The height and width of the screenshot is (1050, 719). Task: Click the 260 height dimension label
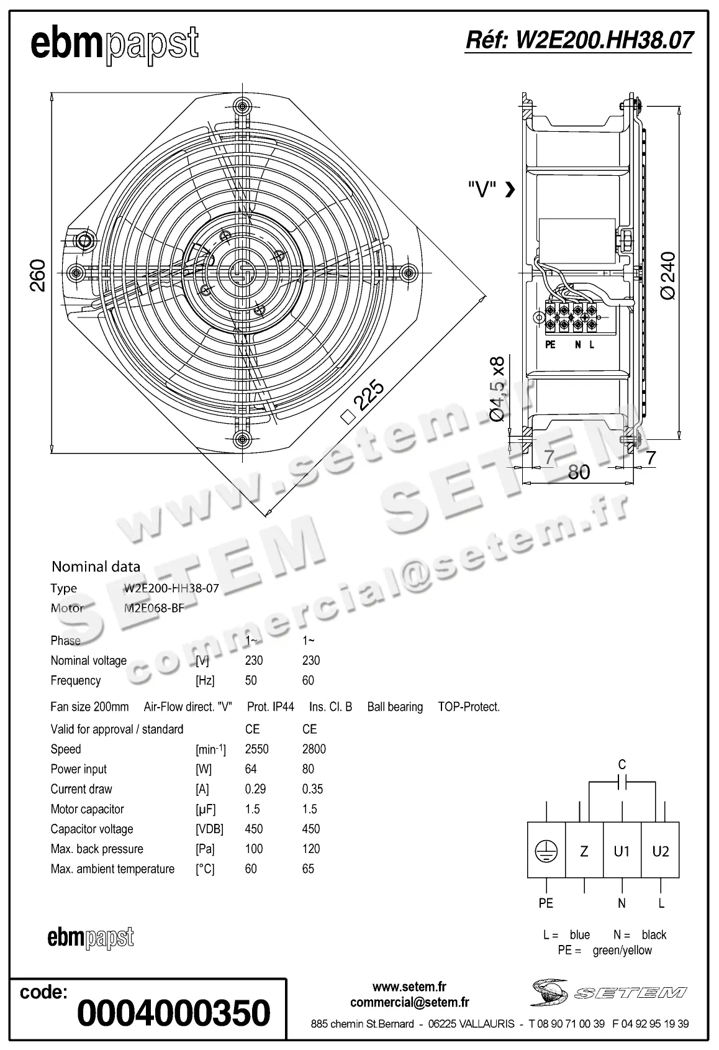(x=37, y=274)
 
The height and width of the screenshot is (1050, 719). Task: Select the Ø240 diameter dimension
(x=669, y=275)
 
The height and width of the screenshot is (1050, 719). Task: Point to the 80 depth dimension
(x=579, y=472)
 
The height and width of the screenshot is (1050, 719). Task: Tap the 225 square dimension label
(x=371, y=398)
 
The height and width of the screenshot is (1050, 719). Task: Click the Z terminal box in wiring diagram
(x=584, y=851)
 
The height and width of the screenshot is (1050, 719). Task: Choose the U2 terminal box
(x=660, y=851)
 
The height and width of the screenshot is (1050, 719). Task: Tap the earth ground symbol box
(x=546, y=851)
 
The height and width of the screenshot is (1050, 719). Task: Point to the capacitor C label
(x=622, y=765)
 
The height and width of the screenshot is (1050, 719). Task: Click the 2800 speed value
(x=314, y=749)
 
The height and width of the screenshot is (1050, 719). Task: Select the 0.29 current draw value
(x=255, y=789)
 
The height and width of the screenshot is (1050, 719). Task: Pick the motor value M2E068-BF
(x=154, y=608)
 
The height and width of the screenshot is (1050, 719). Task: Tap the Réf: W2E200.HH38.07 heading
(x=579, y=40)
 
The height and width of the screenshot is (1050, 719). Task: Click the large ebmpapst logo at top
(x=114, y=45)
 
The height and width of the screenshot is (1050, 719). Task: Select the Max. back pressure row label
(x=97, y=849)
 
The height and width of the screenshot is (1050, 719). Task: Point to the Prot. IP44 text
(x=270, y=707)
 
